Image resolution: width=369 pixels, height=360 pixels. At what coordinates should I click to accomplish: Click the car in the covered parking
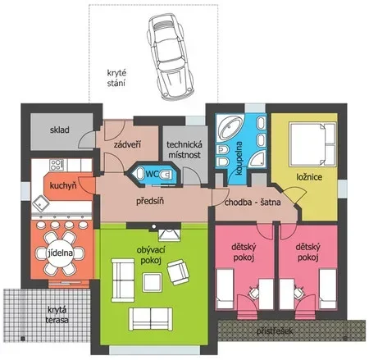click(x=171, y=57)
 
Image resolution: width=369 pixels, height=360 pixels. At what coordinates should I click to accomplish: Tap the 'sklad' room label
click(x=59, y=130)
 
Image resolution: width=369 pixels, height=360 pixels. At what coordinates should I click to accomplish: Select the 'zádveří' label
click(x=127, y=144)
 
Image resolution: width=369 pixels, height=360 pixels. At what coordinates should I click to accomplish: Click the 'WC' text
click(x=153, y=174)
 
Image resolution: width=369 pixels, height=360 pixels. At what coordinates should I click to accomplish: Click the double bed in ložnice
click(x=312, y=144)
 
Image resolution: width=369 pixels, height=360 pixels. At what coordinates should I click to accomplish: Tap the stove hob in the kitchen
click(x=57, y=165)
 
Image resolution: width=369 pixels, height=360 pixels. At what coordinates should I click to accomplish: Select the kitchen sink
click(x=41, y=203)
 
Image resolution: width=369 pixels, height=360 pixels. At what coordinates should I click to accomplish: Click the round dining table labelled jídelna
click(x=61, y=253)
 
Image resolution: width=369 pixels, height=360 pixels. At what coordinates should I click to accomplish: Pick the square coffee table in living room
click(x=152, y=283)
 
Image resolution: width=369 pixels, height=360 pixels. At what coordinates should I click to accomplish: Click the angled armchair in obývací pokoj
click(x=178, y=272)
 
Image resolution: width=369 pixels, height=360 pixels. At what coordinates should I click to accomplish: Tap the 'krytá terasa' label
click(x=57, y=315)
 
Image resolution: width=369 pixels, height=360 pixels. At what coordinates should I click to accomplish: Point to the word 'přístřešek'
click(x=275, y=331)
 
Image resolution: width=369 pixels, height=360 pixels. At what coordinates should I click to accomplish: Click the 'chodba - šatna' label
click(x=253, y=203)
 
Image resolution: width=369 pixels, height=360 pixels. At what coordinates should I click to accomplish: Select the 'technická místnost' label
click(x=184, y=149)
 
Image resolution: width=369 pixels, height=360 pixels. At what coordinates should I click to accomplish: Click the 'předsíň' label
click(x=150, y=201)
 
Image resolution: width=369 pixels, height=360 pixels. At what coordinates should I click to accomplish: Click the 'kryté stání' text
click(x=116, y=78)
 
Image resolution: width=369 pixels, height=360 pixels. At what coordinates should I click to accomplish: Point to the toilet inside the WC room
click(x=166, y=174)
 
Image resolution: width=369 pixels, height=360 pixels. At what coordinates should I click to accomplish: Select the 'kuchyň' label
click(x=63, y=186)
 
